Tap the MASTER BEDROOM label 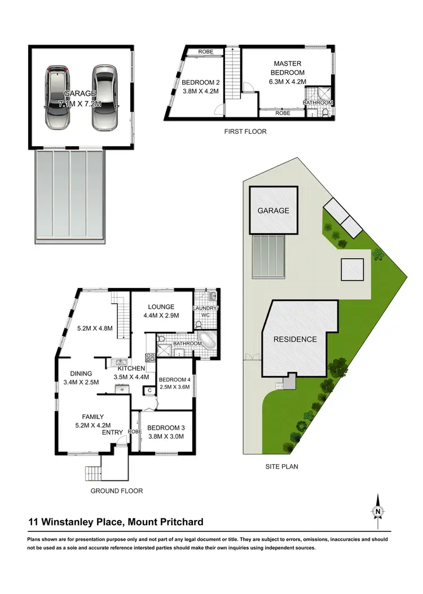(289, 68)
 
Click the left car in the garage (57, 97)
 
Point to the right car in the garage (105, 97)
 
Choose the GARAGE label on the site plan (273, 211)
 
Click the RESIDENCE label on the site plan (295, 339)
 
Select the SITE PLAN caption (281, 467)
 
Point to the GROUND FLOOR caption (117, 491)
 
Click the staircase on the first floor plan (233, 73)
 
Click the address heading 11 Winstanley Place (116, 522)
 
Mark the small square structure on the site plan (354, 268)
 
